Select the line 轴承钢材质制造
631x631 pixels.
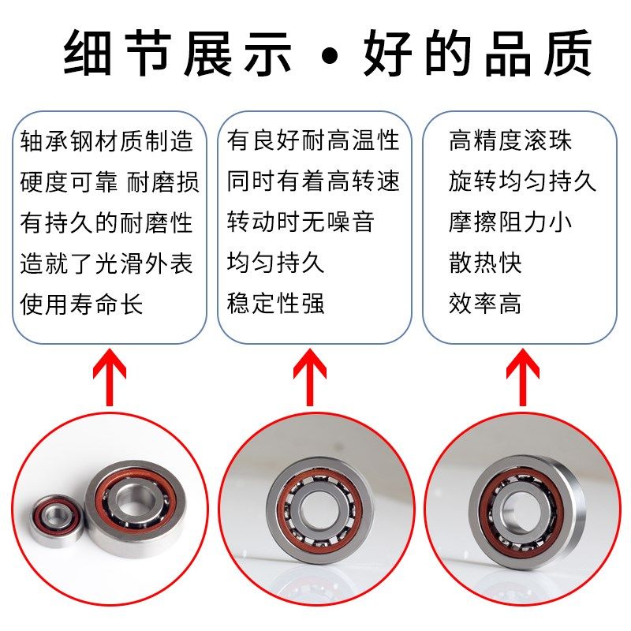106,141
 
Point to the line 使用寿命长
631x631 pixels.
82,304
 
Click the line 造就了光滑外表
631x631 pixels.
106,263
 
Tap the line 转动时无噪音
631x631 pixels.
301,222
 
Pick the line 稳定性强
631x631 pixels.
276,304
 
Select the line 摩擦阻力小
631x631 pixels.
510,222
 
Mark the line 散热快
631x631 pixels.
486,263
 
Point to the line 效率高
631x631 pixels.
486,304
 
